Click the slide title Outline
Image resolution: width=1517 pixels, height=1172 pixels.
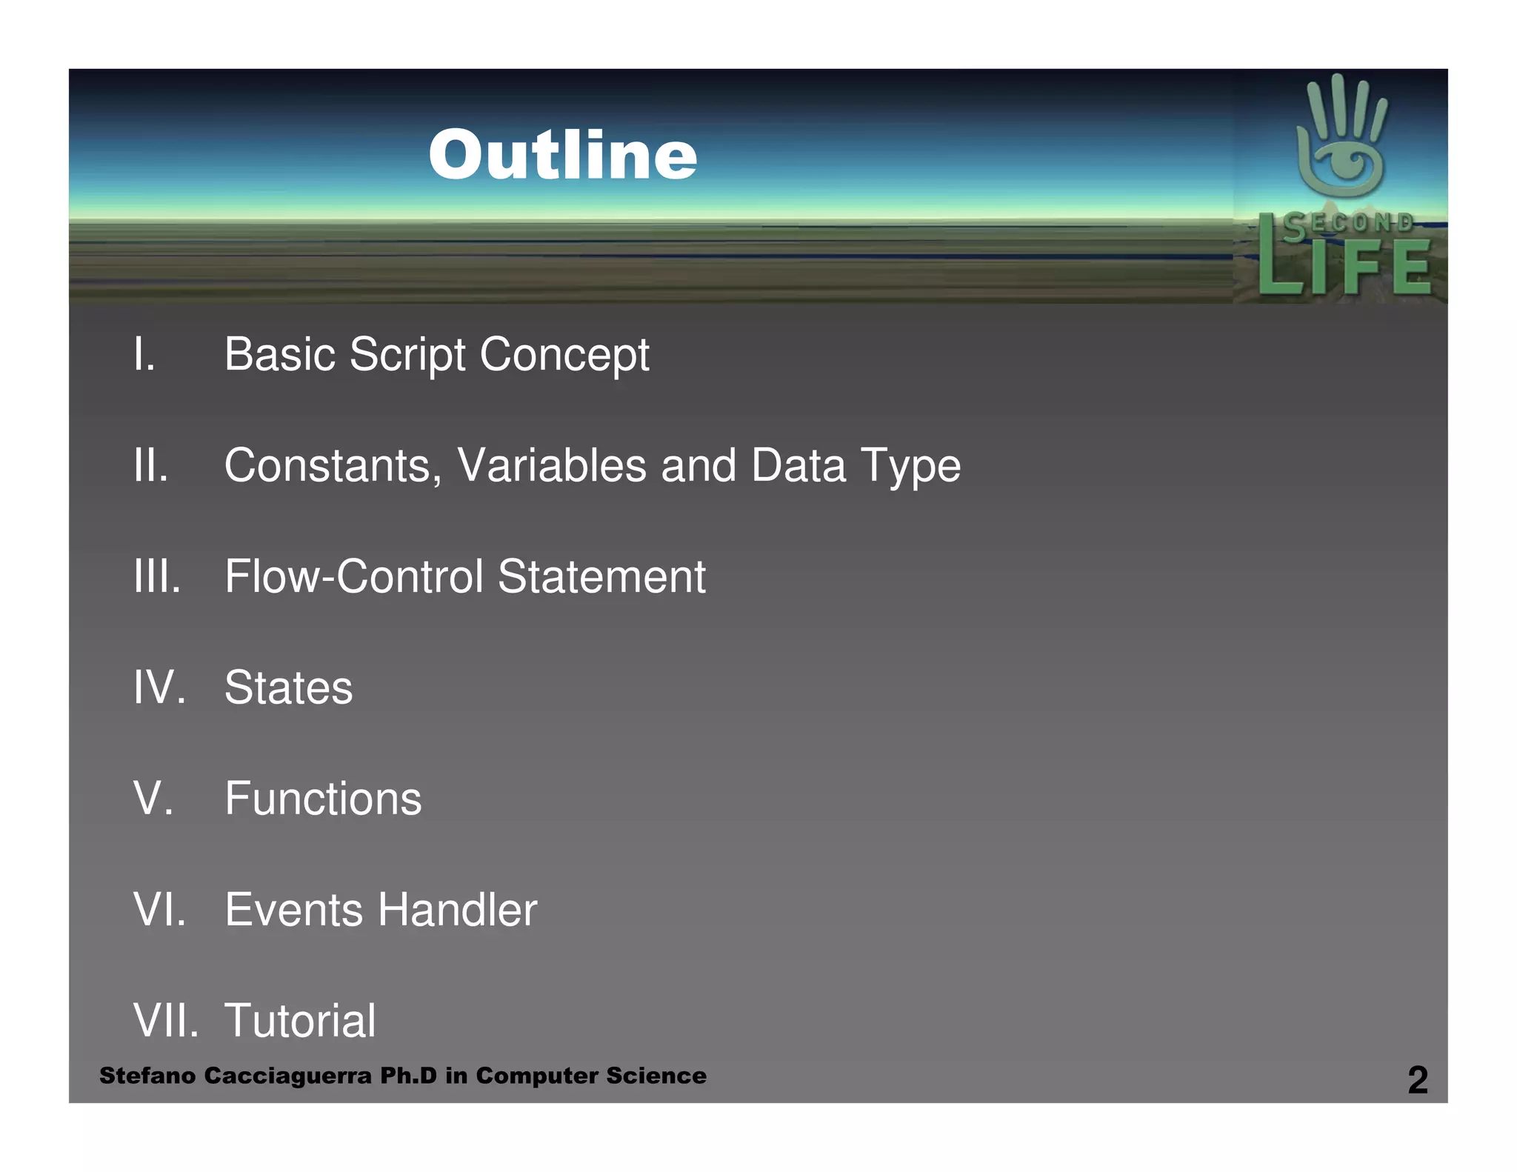click(x=563, y=155)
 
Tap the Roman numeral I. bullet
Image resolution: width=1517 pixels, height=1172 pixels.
click(x=144, y=354)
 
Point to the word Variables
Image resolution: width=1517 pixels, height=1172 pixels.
click(x=552, y=466)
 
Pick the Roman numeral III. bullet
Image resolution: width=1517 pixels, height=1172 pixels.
click(x=157, y=576)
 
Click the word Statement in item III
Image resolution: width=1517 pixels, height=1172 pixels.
click(x=601, y=576)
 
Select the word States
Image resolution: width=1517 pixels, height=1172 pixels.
click(x=289, y=687)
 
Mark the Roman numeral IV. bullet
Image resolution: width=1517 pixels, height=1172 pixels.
click(x=159, y=687)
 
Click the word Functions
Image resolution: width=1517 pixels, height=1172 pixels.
click(x=323, y=799)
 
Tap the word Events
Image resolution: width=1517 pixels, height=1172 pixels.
click(x=294, y=910)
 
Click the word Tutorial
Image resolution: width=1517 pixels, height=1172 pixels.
click(x=300, y=1021)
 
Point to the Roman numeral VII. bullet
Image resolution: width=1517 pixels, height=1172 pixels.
click(x=165, y=1021)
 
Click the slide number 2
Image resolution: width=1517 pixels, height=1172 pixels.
click(x=1417, y=1079)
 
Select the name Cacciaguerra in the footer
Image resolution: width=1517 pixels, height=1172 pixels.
click(x=287, y=1076)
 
